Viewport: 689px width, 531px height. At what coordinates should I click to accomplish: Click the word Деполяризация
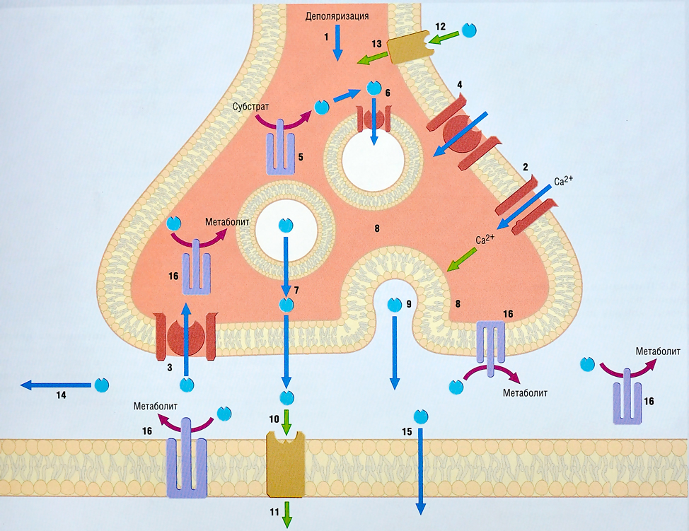click(x=337, y=14)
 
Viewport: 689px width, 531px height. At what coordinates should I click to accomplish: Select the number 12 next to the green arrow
click(x=440, y=27)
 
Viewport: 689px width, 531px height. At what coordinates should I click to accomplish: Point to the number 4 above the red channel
click(x=460, y=85)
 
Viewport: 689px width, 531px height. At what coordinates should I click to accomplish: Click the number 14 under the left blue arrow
click(x=62, y=395)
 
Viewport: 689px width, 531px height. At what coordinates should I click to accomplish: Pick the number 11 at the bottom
click(x=274, y=511)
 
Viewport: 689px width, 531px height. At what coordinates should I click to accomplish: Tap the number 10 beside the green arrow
click(x=274, y=419)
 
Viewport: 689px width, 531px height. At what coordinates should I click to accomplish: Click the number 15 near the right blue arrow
click(x=407, y=432)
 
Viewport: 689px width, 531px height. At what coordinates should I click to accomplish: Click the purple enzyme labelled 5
click(x=279, y=147)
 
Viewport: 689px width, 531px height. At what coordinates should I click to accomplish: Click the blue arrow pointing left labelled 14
click(x=57, y=385)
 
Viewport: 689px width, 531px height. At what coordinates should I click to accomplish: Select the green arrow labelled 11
click(x=287, y=515)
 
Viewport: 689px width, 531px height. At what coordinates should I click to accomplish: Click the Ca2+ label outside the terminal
click(x=563, y=182)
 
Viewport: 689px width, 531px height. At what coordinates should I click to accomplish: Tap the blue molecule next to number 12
click(x=469, y=30)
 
